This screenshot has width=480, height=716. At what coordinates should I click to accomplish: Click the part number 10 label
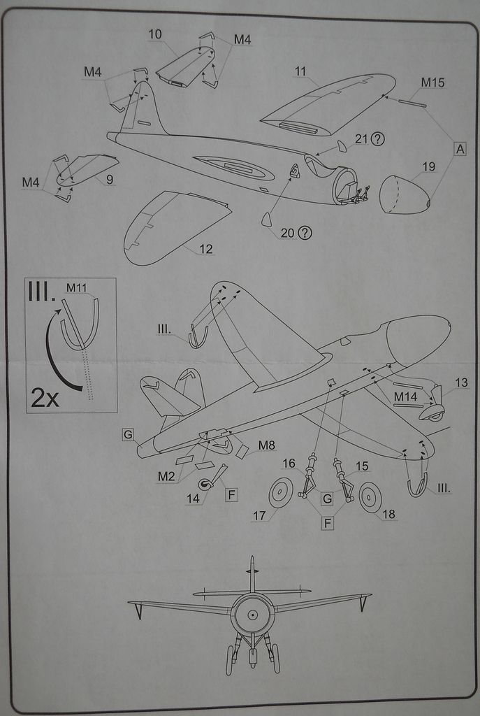tap(155, 34)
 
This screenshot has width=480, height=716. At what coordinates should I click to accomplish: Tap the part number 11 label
tap(300, 71)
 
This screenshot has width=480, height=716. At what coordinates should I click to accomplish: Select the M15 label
tap(432, 83)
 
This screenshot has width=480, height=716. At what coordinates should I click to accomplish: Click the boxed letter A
tap(460, 149)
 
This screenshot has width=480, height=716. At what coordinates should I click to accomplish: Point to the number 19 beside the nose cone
tap(428, 166)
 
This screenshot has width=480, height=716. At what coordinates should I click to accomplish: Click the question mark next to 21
tap(378, 138)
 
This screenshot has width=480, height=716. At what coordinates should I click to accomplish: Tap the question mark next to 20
tap(305, 233)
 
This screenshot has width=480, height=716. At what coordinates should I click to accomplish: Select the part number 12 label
tap(205, 249)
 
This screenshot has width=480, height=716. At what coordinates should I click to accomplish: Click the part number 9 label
tap(110, 180)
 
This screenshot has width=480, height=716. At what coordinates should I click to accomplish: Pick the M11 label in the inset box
tap(76, 287)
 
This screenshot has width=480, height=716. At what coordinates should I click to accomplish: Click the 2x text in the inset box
tap(45, 397)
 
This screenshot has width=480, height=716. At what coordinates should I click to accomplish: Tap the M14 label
tap(406, 396)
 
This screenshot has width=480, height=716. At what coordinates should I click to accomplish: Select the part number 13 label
tap(461, 382)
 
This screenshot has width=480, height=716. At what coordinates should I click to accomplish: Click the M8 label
tap(266, 445)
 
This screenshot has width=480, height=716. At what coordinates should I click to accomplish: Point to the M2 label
tap(166, 476)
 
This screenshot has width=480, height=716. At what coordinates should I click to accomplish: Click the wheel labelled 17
tap(281, 492)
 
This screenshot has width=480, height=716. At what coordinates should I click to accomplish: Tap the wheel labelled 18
tap(370, 496)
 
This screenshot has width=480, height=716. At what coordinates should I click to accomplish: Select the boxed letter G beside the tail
tap(128, 434)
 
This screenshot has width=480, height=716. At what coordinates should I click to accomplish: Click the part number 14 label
tap(193, 498)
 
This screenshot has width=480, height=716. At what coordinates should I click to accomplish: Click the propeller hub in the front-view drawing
tap(252, 614)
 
